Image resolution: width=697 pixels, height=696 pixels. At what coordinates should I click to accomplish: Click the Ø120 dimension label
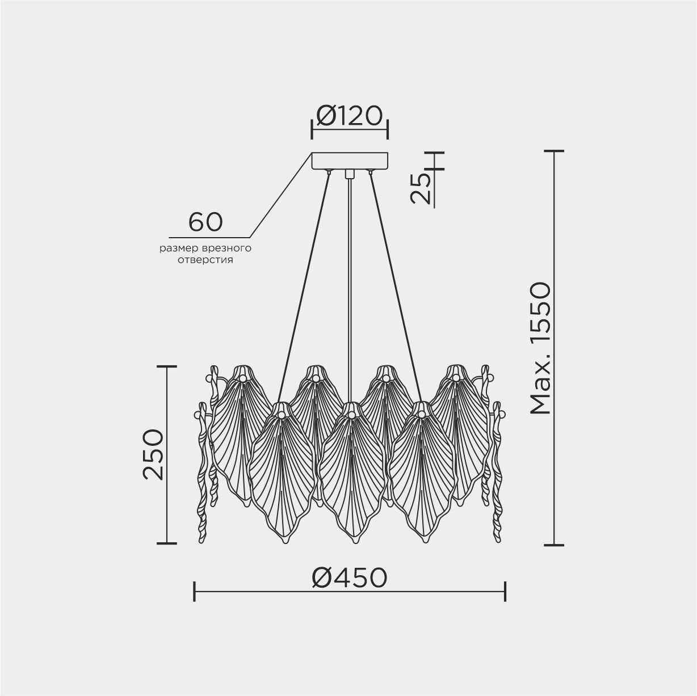(349, 116)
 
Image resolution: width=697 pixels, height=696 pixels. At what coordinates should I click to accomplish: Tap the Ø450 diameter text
(350, 577)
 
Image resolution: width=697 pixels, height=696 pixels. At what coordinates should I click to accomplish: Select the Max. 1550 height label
(540, 348)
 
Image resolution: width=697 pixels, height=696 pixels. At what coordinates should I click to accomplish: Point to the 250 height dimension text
(153, 455)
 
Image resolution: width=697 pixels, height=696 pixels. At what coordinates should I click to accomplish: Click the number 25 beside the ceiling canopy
(421, 188)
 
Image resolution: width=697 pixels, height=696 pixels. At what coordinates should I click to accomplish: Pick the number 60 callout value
(205, 222)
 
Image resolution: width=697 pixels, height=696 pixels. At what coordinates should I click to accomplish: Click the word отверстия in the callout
(205, 260)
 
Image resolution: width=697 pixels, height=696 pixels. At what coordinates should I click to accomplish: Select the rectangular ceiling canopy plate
(350, 161)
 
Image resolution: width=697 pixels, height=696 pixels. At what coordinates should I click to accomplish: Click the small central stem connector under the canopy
(349, 174)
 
